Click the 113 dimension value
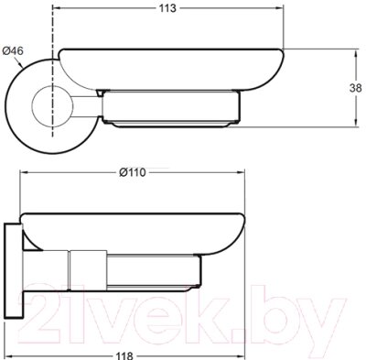(x=167, y=8)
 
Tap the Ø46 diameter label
(x=13, y=50)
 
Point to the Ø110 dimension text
(x=132, y=173)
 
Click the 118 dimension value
(x=124, y=355)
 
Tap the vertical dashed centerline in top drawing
(x=52, y=72)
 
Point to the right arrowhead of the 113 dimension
(x=280, y=8)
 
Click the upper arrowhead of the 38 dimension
(x=356, y=53)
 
